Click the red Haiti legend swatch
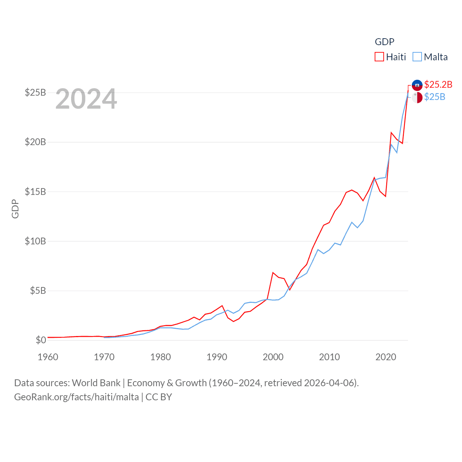point(379,57)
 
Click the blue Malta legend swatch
point(417,57)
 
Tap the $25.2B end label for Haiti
point(438,84)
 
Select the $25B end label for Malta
point(435,97)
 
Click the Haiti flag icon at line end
point(417,85)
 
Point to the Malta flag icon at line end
point(417,97)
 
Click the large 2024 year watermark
point(86,99)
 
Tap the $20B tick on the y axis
point(35,142)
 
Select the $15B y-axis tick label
point(35,192)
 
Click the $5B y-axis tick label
point(38,291)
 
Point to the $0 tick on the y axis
point(41,340)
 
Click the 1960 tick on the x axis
point(48,357)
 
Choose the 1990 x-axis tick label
point(217,357)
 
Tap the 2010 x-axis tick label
point(330,357)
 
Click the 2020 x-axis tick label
point(386,357)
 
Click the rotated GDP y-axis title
point(15,209)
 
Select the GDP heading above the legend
point(384,42)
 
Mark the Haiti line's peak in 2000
point(273,273)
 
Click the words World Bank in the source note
point(96,383)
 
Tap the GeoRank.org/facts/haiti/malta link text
point(77,397)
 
